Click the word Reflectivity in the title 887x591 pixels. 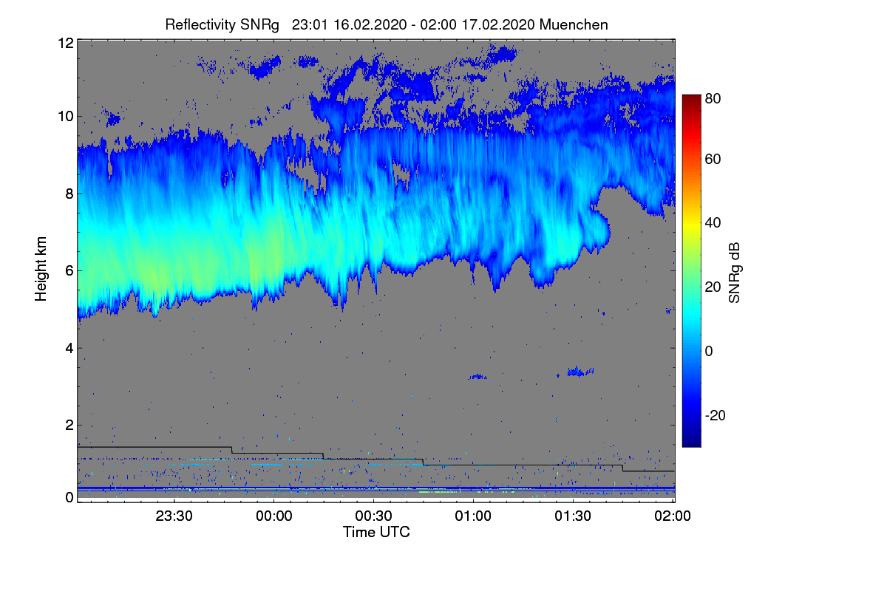click(199, 24)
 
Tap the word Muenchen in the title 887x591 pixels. click(574, 24)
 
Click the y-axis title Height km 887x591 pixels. click(41, 270)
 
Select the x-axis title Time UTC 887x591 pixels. click(376, 532)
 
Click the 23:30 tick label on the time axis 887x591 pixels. click(174, 516)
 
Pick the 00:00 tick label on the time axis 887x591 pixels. click(273, 516)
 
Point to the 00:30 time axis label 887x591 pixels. click(373, 516)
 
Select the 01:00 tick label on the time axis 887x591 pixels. click(473, 516)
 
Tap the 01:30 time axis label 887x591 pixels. click(573, 516)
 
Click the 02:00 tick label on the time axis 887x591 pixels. click(673, 516)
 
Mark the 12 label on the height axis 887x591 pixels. click(65, 43)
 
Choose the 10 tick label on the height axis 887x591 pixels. click(65, 116)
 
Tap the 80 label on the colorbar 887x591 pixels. click(713, 98)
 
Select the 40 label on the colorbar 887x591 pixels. click(713, 222)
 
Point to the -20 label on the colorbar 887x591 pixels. click(716, 415)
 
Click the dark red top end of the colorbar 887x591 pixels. click(691, 98)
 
